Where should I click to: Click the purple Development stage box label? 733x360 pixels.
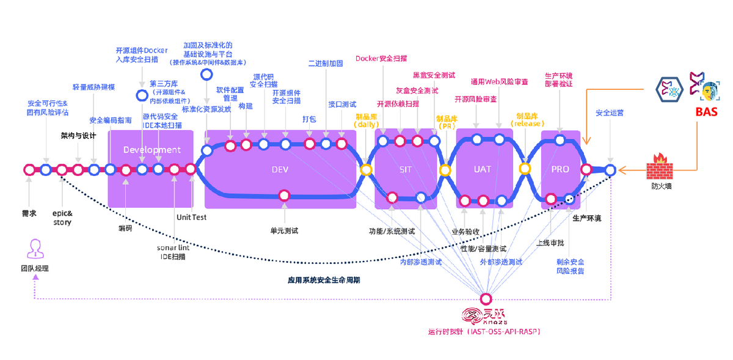pos(151,150)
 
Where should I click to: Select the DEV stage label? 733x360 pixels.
pos(280,169)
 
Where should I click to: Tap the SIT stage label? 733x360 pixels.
pos(406,169)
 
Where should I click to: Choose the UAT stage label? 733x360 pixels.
pos(483,169)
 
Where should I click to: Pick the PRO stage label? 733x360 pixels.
pos(560,169)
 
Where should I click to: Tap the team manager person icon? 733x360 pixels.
pos(34,249)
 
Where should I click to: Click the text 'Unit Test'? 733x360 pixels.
pos(191,217)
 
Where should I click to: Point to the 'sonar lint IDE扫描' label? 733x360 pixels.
pos(173,252)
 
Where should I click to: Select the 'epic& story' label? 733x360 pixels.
pos(62,218)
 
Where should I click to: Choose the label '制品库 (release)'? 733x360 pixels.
pos(527,119)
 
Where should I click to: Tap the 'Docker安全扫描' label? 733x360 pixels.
pos(382,59)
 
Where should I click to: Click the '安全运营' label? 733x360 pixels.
pos(610,113)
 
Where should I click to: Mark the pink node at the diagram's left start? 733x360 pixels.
pos(29,170)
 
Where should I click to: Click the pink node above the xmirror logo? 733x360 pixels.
pos(486,299)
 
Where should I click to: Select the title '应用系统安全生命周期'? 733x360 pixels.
pos(324,281)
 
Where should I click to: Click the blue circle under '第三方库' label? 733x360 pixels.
pos(142,95)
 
